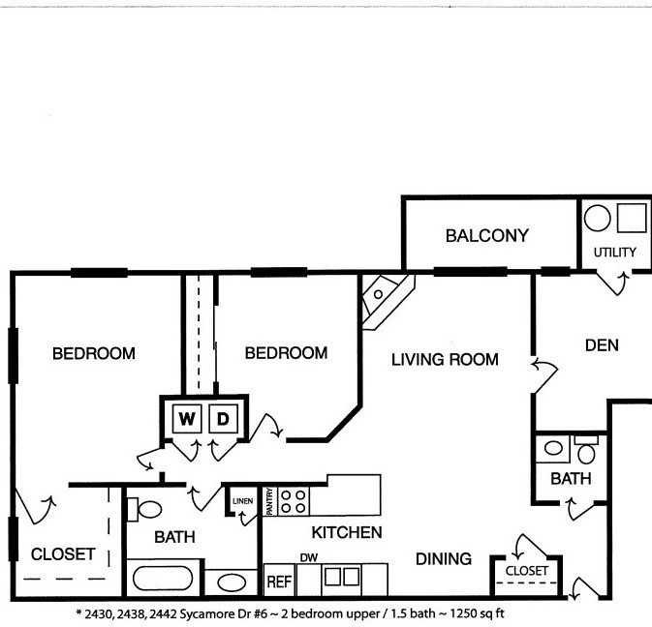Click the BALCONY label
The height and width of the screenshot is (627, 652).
pyautogui.click(x=486, y=235)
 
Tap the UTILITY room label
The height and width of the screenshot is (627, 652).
pyautogui.click(x=615, y=253)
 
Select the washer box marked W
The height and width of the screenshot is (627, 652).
pyautogui.click(x=187, y=419)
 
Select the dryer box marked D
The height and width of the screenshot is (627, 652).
pyautogui.click(x=222, y=419)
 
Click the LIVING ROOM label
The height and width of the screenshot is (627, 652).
pyautogui.click(x=445, y=360)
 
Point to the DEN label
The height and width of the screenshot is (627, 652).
pyautogui.click(x=602, y=345)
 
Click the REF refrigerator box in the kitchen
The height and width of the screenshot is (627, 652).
pyautogui.click(x=279, y=582)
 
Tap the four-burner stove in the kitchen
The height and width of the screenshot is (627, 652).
pyautogui.click(x=294, y=500)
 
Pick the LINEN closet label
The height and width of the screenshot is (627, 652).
pyautogui.click(x=242, y=500)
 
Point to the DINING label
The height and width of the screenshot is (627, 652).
pyautogui.click(x=444, y=559)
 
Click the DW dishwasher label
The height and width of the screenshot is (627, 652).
pyautogui.click(x=309, y=558)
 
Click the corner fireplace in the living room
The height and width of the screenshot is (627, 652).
pyautogui.click(x=386, y=294)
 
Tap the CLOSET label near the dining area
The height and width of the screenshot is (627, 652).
pyautogui.click(x=526, y=571)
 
